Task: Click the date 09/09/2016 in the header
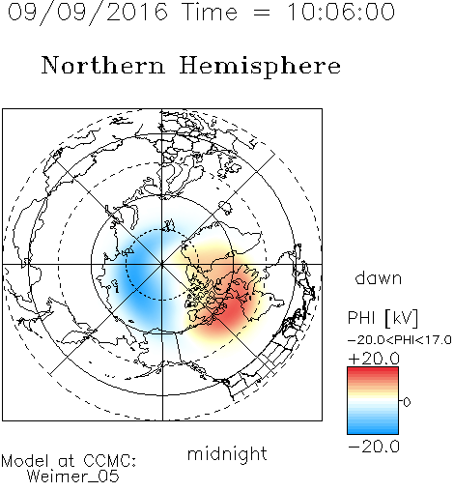tap(87, 13)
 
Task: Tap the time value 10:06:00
tap(341, 12)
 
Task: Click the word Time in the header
tap(211, 12)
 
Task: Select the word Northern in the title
tap(102, 65)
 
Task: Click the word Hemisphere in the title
tap(260, 67)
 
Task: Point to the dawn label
tap(379, 277)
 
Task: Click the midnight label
tap(227, 453)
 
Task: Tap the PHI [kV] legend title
tap(383, 318)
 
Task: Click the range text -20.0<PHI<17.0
tap(400, 339)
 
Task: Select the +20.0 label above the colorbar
tap(374, 359)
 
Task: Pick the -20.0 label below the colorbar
tap(374, 447)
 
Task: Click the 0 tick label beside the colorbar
tap(407, 402)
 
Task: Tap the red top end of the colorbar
tap(373, 369)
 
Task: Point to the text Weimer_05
tap(73, 477)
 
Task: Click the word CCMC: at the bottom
tap(110, 461)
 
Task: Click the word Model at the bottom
tap(25, 461)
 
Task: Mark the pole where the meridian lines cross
tap(162, 264)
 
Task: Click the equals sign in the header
tap(262, 13)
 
